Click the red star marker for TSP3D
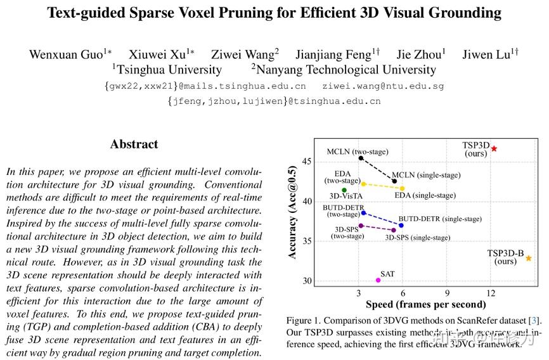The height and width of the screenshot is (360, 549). click(x=494, y=148)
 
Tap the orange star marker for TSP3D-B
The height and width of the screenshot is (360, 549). click(x=529, y=258)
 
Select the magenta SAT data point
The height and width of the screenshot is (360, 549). click(x=378, y=280)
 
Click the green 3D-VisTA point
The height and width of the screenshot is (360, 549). click(x=344, y=190)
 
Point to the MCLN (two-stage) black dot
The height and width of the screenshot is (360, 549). click(x=361, y=158)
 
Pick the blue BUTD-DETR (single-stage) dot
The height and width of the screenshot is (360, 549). click(x=401, y=225)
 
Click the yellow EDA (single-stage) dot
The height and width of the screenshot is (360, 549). click(x=402, y=188)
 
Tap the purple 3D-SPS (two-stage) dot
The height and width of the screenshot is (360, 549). click(x=361, y=226)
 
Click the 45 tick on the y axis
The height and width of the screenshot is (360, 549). click(x=307, y=162)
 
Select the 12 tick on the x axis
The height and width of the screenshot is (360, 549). click(x=491, y=293)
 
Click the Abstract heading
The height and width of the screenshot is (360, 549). click(x=134, y=144)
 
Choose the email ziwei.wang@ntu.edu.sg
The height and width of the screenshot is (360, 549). click(x=383, y=86)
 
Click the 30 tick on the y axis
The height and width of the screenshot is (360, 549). click(x=307, y=281)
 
